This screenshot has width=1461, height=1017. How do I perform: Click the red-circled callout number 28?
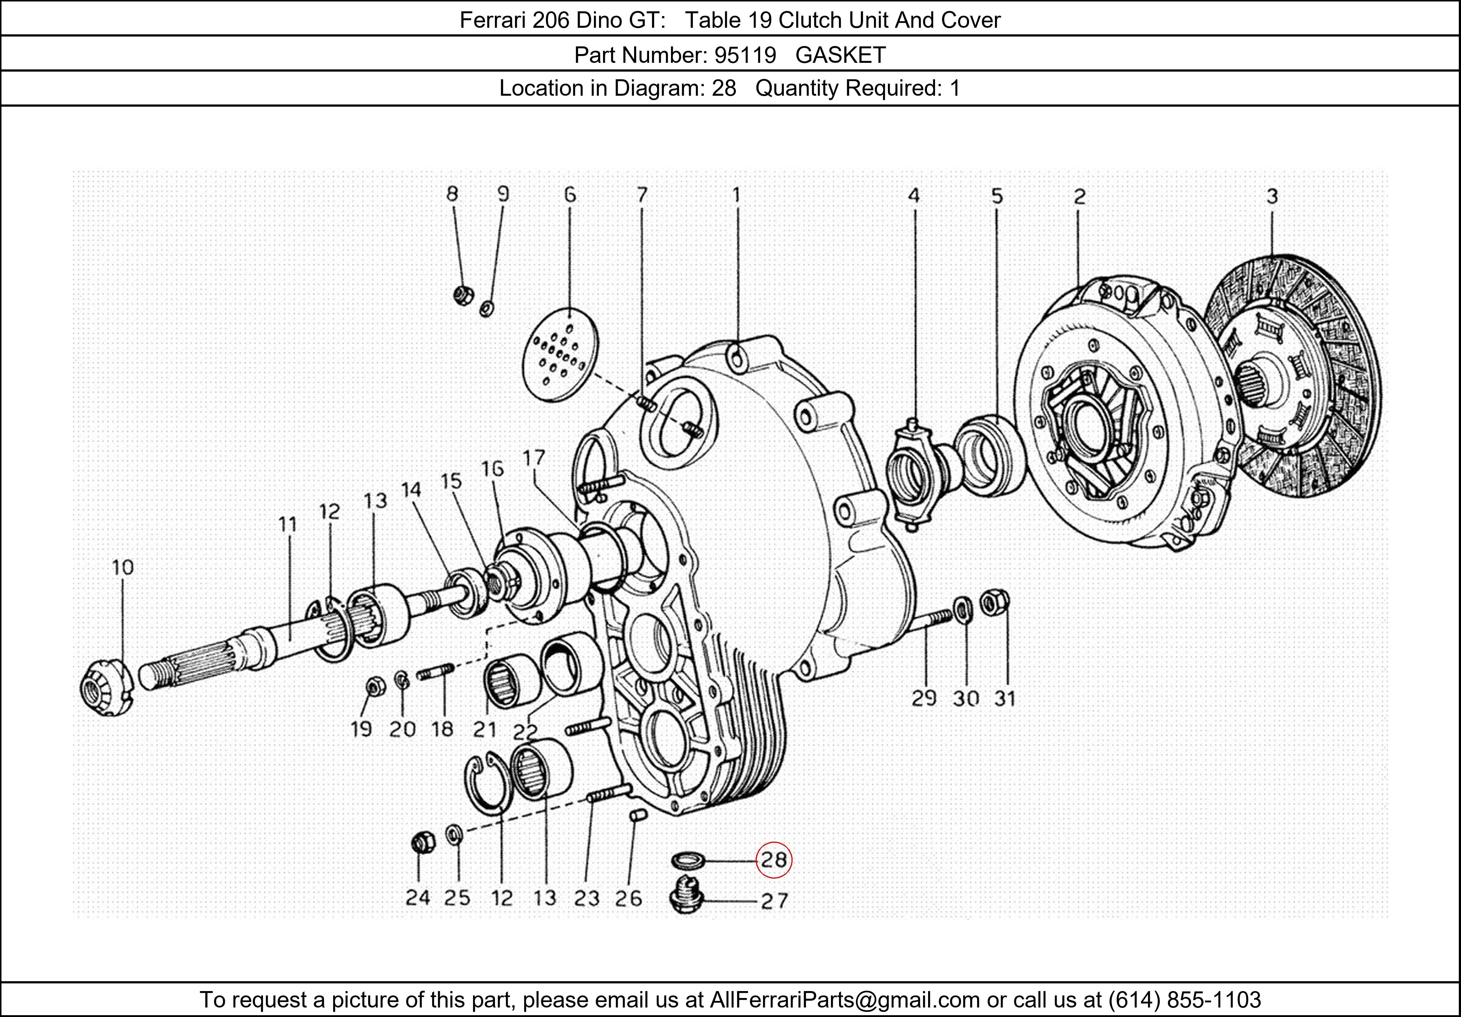(x=773, y=860)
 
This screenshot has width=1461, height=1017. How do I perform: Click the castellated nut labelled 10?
(x=104, y=688)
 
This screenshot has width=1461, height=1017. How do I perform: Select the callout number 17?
(x=534, y=458)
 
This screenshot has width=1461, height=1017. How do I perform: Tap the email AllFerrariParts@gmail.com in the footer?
(x=844, y=1000)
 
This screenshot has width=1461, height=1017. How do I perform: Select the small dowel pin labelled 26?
(x=638, y=815)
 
